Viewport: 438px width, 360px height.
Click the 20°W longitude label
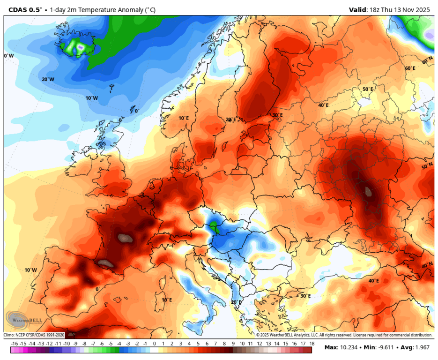48,79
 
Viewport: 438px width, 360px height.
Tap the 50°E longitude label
368,89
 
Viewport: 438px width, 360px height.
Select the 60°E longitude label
410,68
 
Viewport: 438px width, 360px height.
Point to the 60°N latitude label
427,61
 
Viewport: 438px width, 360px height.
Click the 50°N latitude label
427,166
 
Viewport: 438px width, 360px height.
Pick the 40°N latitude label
427,265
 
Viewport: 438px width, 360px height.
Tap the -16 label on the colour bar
14,344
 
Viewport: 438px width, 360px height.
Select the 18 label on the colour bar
311,344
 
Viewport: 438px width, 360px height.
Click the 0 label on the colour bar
154,344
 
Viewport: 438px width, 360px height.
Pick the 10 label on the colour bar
241,344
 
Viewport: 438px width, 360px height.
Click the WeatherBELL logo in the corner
23,321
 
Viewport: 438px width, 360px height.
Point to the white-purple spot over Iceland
81,47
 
